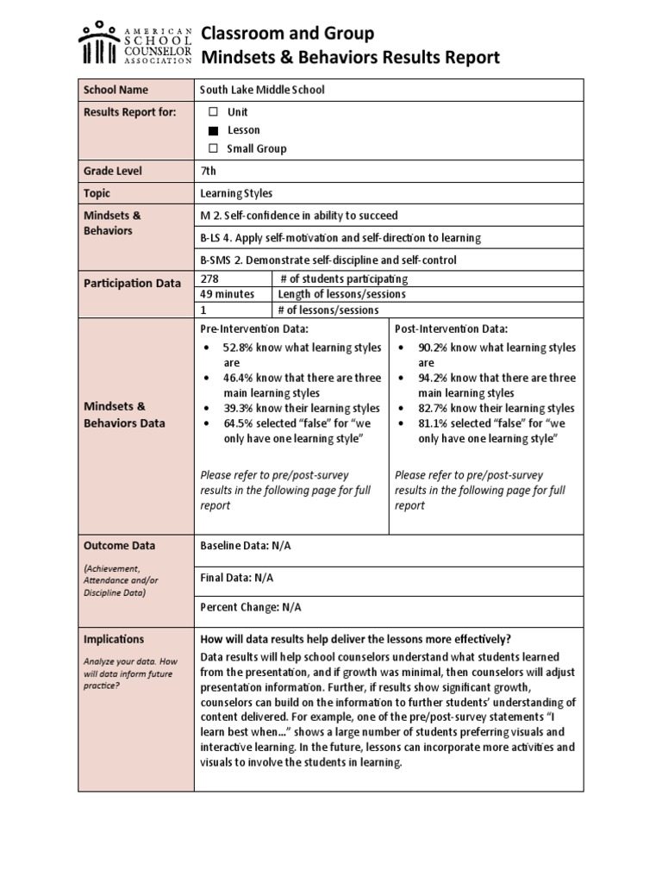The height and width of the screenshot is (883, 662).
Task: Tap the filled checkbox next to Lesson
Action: pos(213,130)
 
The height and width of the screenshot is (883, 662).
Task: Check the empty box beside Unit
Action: pos(213,112)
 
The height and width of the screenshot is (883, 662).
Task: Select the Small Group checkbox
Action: pos(213,148)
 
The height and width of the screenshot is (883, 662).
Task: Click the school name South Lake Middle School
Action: pos(262,90)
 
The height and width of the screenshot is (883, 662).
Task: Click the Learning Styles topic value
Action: pos(236,194)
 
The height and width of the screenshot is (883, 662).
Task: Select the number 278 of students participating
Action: pos(209,279)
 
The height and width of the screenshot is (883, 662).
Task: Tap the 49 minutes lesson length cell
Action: pos(228,294)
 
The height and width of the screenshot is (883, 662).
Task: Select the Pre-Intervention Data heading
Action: pos(254,329)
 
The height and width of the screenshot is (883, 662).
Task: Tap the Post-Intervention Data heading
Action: pos(452,329)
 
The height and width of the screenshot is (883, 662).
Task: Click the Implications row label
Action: pos(114,639)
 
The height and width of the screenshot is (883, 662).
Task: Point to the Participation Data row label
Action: pos(132,284)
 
